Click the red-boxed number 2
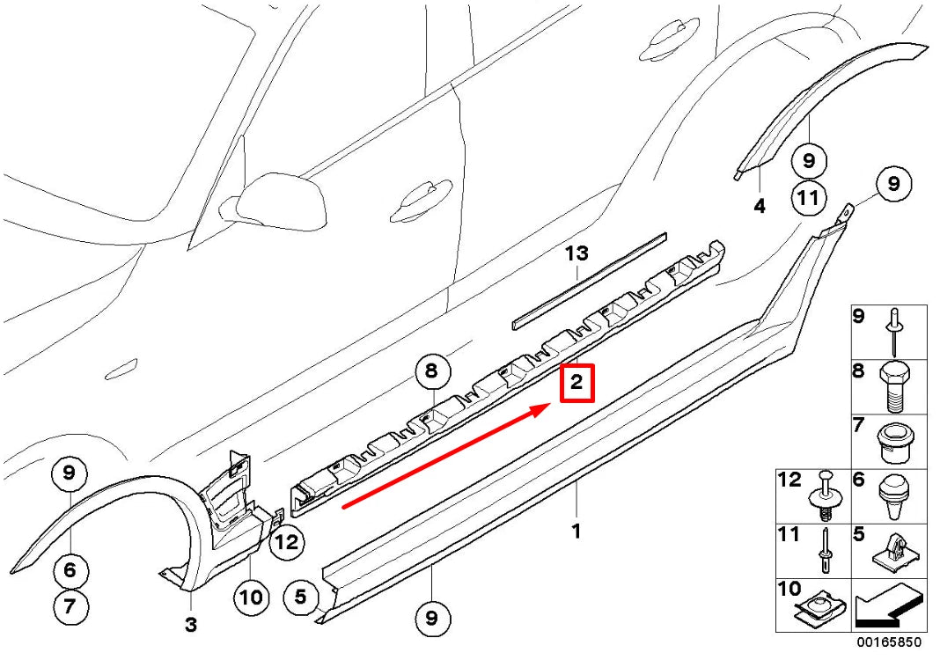pos(577,384)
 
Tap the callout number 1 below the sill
pos(576,532)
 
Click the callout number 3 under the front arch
pos(191,626)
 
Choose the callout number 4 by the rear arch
pos(760,207)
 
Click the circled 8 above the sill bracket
pos(430,371)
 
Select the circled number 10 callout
pos(251,598)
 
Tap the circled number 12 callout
pos(286,542)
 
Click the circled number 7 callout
pos(70,606)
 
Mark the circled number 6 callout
pos(70,570)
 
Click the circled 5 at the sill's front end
pos(300,598)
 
